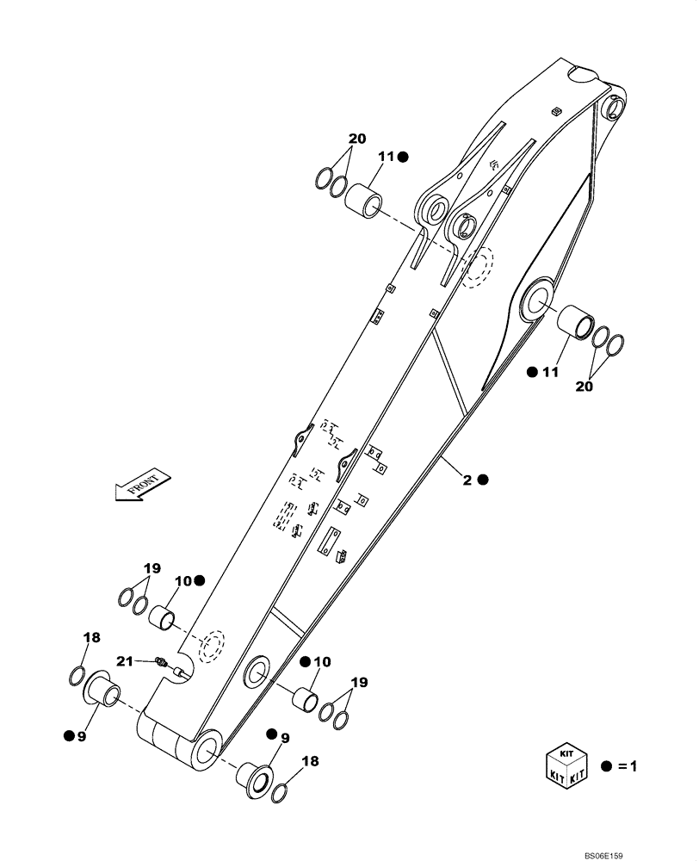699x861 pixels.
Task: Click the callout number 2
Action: pyautogui.click(x=467, y=480)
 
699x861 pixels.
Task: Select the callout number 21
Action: pyautogui.click(x=125, y=660)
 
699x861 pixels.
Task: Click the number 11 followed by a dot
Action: pyautogui.click(x=385, y=157)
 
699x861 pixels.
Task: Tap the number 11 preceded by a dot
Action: pyautogui.click(x=550, y=372)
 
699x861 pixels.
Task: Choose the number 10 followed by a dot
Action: pyautogui.click(x=182, y=581)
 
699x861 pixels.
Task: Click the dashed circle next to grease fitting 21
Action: pyautogui.click(x=209, y=647)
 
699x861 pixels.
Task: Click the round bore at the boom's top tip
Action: pyautogui.click(x=617, y=108)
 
